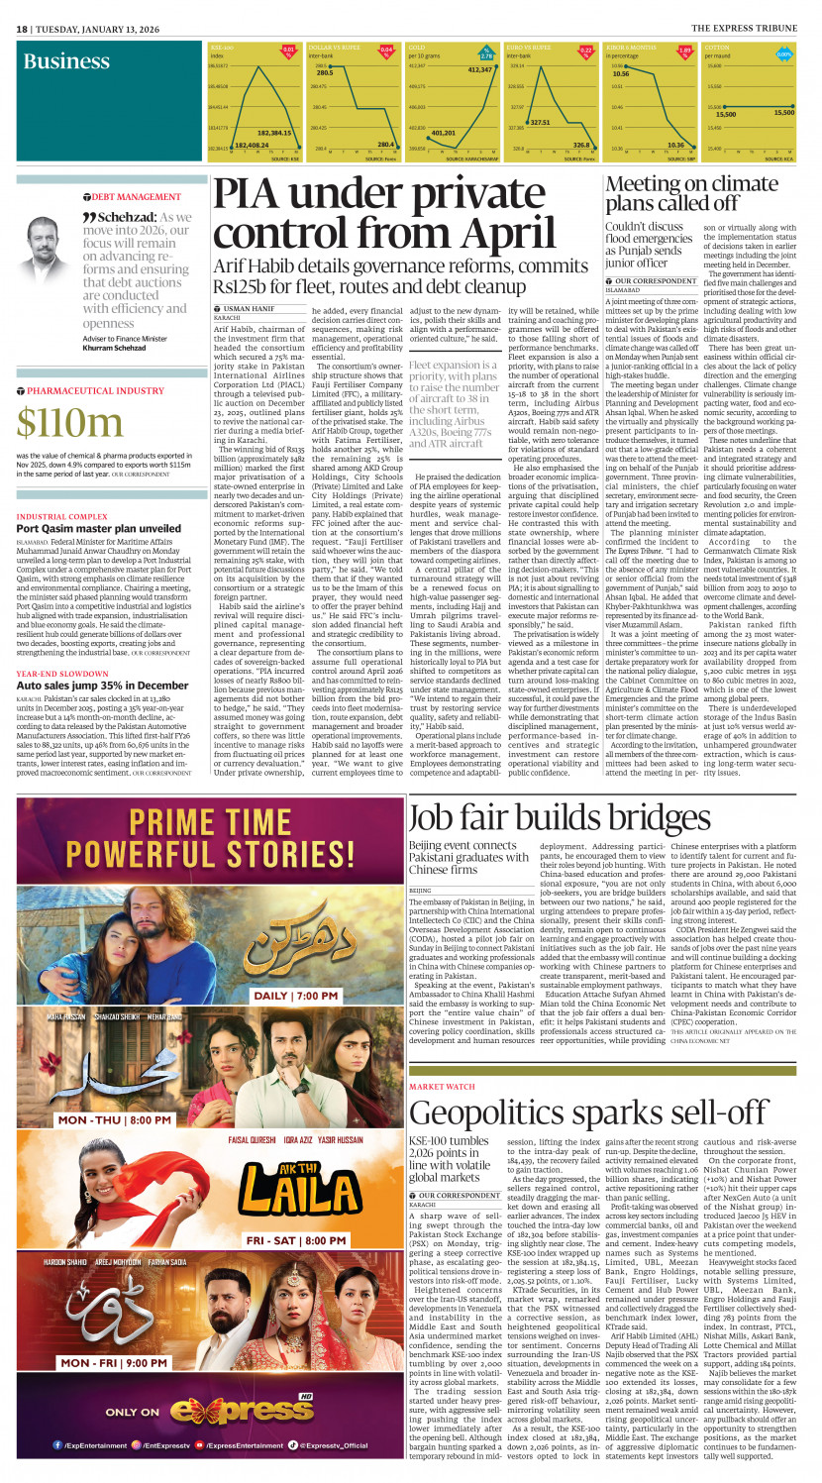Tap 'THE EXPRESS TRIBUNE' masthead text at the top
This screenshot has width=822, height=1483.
[x=750, y=28]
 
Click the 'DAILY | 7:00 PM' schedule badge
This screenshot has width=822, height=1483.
[x=319, y=994]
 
